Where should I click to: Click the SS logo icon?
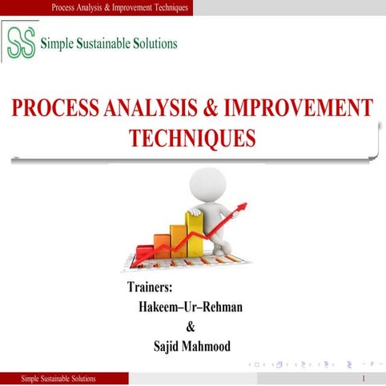click(20, 42)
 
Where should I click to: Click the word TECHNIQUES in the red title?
click(192, 138)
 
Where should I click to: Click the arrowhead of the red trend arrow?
click(242, 207)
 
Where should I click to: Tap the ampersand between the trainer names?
click(190, 327)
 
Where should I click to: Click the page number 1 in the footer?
click(364, 378)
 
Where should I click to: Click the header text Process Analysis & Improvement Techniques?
click(119, 7)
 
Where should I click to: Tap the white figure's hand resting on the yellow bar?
click(192, 213)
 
